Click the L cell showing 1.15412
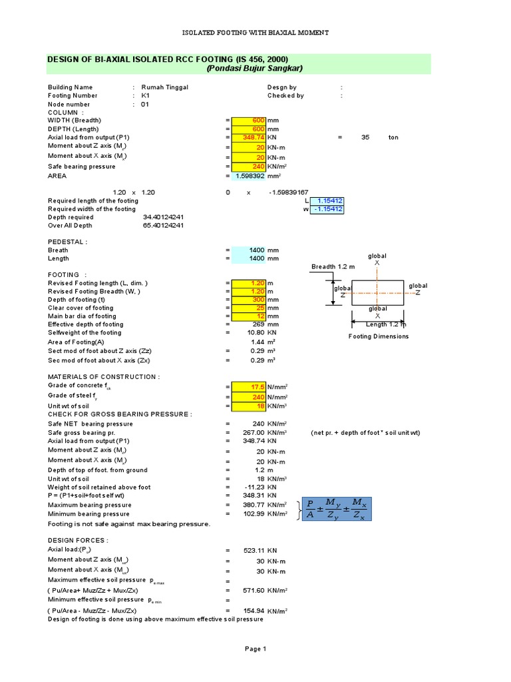click(x=327, y=200)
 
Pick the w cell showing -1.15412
click(x=327, y=209)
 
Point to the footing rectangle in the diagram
click(x=377, y=293)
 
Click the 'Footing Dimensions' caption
click(x=378, y=336)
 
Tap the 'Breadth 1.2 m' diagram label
click(x=334, y=267)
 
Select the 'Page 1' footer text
click(x=255, y=649)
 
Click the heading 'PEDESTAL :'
click(x=67, y=242)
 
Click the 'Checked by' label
click(x=285, y=96)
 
